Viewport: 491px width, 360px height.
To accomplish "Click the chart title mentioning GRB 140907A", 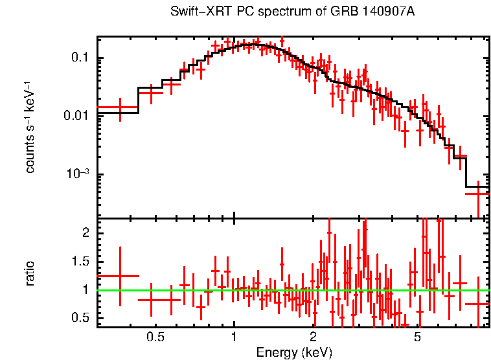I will tap(293, 12).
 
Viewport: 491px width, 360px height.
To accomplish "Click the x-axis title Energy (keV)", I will tap(293, 353).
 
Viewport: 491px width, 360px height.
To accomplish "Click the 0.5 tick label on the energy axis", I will tap(155, 337).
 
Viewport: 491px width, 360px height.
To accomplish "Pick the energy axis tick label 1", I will tap(234, 337).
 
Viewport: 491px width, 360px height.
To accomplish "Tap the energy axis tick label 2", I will tap(313, 337).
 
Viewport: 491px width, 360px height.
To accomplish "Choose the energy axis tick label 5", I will tap(418, 337).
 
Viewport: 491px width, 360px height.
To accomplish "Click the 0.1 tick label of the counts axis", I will tap(80, 58).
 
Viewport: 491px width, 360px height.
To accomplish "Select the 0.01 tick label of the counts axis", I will tap(77, 116).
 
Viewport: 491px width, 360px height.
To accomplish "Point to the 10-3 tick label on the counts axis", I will tap(77, 174).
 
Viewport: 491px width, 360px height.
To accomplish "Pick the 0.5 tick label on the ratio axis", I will tap(80, 318).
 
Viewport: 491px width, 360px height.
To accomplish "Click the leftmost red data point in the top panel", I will tap(120, 107).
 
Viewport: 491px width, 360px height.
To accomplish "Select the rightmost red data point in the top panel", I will tap(478, 194).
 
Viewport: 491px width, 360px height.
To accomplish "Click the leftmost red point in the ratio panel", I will tap(120, 276).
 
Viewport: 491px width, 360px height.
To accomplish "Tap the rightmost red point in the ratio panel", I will tap(478, 304).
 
